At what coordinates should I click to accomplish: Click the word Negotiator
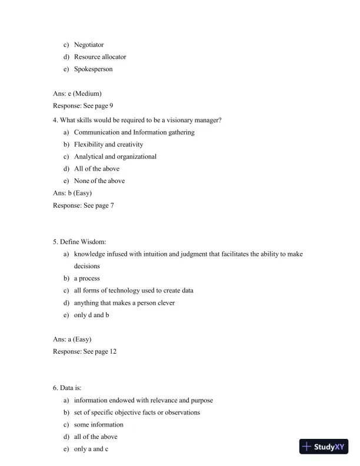click(89, 45)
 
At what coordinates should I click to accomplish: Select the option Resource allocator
click(100, 57)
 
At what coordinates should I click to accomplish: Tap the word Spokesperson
click(93, 69)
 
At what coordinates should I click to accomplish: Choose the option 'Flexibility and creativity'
click(108, 144)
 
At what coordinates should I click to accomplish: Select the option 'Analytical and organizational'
click(115, 157)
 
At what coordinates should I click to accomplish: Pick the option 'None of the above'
click(99, 181)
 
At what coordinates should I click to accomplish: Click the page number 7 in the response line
click(112, 205)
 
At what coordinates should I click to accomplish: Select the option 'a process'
click(86, 278)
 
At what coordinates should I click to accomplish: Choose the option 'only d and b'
click(91, 315)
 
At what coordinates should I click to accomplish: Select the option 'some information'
click(98, 425)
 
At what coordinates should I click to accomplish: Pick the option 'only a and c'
click(91, 449)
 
